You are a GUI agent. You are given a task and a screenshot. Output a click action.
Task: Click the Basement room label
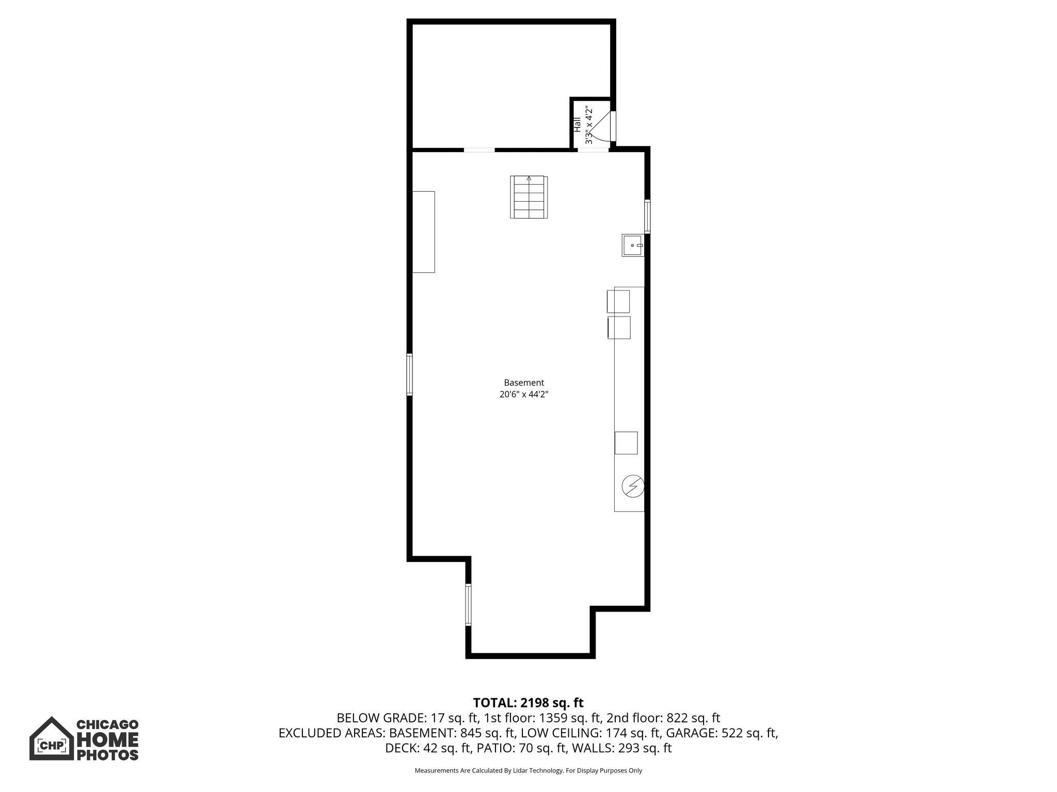524,383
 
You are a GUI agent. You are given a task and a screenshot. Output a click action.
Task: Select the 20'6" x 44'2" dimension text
524,394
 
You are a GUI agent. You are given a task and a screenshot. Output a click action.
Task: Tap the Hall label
577,125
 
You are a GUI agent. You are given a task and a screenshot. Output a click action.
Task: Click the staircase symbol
528,197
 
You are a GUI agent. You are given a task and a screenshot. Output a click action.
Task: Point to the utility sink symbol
633,245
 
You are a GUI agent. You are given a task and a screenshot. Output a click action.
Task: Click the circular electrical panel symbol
633,486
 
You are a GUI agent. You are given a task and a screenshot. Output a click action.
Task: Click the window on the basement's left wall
410,374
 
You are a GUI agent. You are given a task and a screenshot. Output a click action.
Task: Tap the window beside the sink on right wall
647,217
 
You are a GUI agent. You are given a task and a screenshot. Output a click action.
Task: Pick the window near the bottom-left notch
468,604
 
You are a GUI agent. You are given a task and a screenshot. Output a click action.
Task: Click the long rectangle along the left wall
424,232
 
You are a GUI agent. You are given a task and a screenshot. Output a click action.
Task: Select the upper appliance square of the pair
618,302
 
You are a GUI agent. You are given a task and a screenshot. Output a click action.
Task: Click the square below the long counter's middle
626,443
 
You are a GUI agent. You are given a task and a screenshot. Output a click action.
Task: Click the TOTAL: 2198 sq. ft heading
528,703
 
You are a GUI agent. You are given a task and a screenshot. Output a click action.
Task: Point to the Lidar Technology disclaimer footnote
528,771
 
